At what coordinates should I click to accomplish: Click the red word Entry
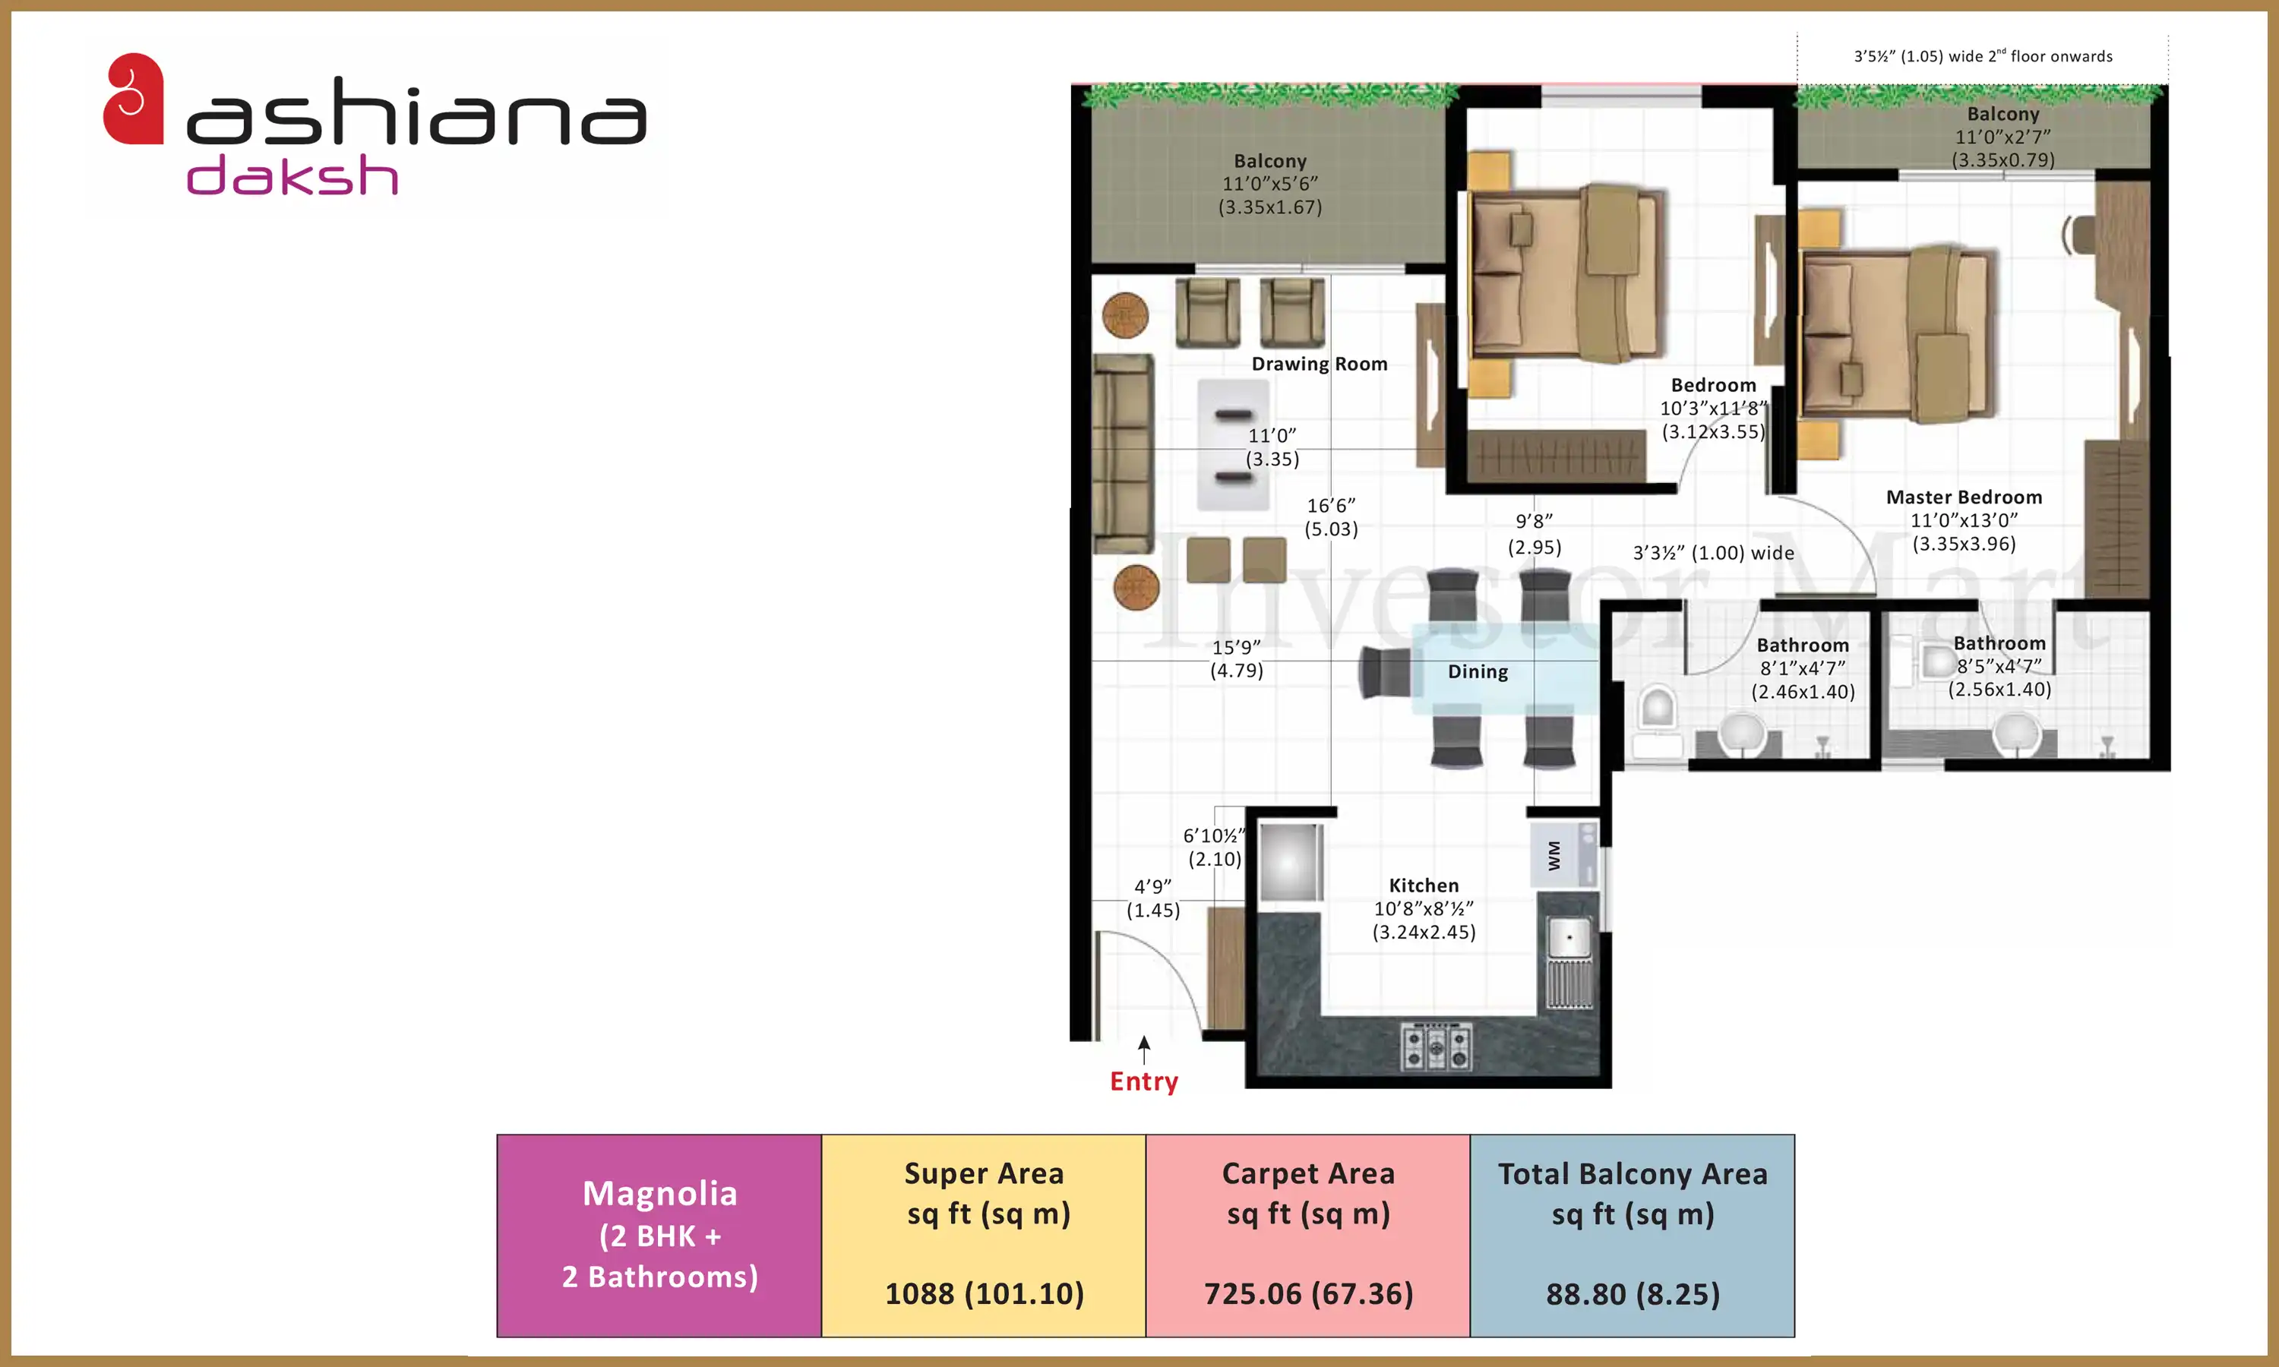pos(1143,1081)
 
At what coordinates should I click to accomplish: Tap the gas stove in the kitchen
pos(1436,1047)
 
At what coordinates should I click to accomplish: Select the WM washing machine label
pos(1554,856)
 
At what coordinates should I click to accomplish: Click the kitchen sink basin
pos(1568,938)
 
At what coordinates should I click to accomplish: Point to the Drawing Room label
pos(1319,364)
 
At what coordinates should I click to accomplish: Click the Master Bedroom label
pos(1964,497)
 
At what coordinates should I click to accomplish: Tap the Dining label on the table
pos(1478,671)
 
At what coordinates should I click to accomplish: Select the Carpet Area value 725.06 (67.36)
pos(1308,1293)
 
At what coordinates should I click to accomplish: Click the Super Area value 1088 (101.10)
pos(984,1293)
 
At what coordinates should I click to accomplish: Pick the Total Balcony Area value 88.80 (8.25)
pos(1633,1294)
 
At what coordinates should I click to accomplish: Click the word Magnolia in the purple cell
pos(659,1194)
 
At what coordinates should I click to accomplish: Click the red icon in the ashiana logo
pos(133,99)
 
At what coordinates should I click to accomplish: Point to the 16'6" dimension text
pos(1331,506)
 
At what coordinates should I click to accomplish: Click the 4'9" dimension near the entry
pos(1152,886)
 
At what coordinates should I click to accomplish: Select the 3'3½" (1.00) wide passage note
pos(1713,553)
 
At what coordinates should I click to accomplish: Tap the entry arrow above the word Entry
pos(1143,1050)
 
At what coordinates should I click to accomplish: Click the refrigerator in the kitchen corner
pos(1291,861)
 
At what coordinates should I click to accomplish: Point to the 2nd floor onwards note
pos(1983,56)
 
